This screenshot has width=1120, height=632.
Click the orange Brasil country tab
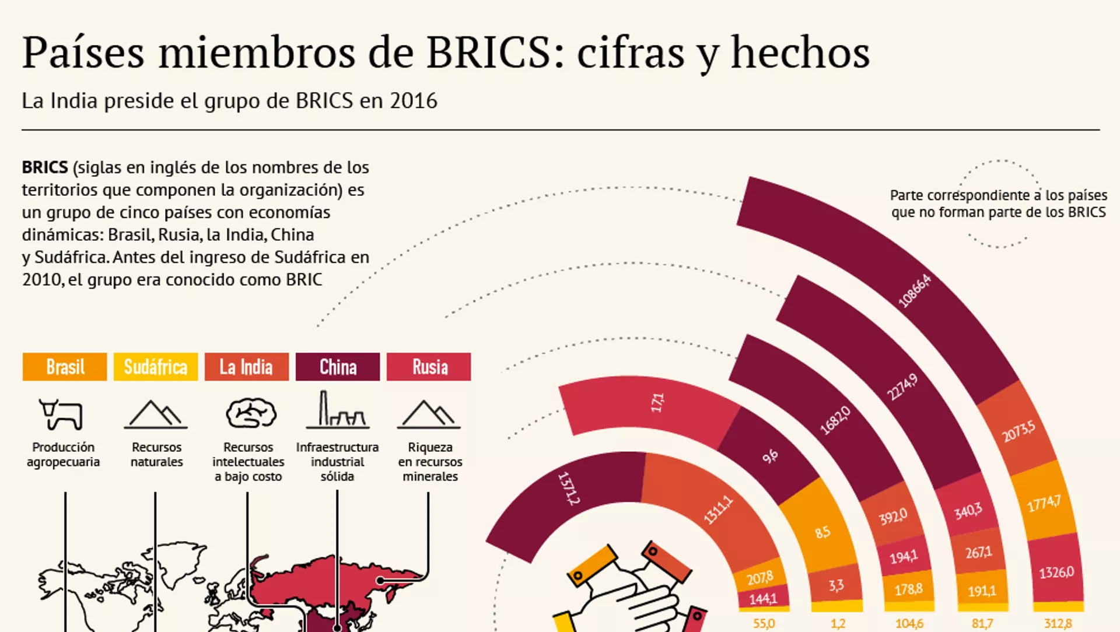coord(65,367)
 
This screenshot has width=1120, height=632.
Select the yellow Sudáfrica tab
coord(156,367)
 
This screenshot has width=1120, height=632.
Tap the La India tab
coord(246,367)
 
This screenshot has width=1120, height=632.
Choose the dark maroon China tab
coord(338,367)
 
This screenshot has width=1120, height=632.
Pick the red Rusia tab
coord(429,367)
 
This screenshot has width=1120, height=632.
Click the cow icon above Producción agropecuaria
coord(61,414)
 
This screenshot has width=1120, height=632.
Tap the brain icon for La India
coord(251,413)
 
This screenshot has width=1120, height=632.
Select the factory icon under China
coord(337,410)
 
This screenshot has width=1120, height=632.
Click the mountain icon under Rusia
coord(429,415)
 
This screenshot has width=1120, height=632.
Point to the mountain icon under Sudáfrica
coord(156,415)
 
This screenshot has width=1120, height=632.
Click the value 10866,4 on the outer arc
coord(914,290)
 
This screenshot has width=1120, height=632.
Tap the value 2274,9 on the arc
coord(902,387)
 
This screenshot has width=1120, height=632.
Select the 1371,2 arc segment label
coord(569,488)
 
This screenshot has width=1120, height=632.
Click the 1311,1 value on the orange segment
coord(717,510)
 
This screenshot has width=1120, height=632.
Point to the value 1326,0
coord(1056,573)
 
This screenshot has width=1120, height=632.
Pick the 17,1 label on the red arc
coord(657,402)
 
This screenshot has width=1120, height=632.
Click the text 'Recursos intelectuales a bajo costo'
coord(248,462)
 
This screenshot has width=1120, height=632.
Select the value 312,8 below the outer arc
coord(1058,623)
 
